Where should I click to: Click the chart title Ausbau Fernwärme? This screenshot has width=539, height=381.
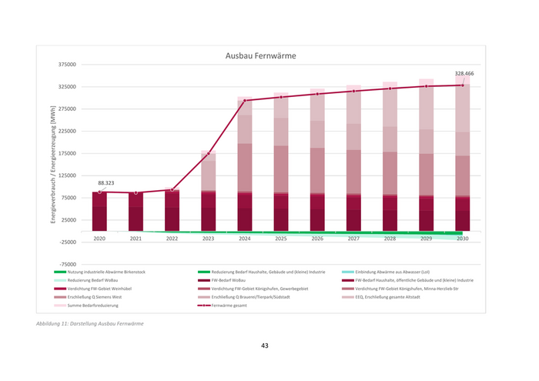259,55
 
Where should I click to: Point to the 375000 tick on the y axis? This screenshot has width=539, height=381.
67,65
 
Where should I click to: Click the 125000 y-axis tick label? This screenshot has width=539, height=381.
67,175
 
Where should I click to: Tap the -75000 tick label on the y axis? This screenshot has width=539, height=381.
67,264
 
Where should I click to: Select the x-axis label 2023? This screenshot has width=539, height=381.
209,239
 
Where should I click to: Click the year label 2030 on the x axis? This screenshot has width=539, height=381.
462,239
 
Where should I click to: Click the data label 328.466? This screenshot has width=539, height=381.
464,74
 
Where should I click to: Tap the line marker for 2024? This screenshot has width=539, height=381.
245,101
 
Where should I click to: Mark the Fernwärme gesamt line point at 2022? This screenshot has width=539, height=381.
172,189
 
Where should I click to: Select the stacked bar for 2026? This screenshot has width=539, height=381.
317,162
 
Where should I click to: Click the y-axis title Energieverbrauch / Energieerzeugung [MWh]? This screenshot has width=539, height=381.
53,164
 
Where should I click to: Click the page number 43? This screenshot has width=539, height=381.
264,346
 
